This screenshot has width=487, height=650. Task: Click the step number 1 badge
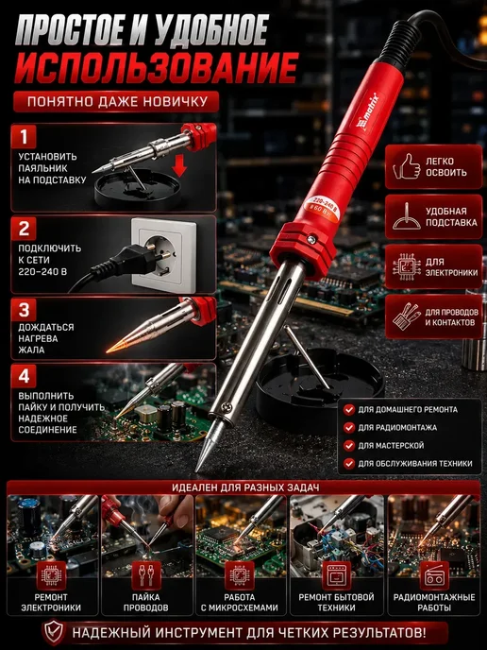pos(24,136)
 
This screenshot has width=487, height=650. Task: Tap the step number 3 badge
pos(24,310)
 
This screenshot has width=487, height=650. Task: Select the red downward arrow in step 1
pos(179,165)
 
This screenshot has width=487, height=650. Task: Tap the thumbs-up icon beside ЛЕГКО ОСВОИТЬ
pos(406,166)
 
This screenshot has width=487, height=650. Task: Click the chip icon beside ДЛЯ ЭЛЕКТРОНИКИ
pos(406,266)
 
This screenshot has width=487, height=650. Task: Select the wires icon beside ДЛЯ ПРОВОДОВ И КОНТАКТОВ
pos(406,316)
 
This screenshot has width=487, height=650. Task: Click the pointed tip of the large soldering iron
pos(197,470)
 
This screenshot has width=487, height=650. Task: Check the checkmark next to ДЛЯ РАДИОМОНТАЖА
pos(349,427)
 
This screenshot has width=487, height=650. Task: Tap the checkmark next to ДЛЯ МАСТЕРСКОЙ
pos(349,446)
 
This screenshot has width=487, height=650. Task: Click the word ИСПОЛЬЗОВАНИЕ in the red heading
pos(156,68)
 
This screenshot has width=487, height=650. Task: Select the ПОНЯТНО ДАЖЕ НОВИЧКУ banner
pos(116,102)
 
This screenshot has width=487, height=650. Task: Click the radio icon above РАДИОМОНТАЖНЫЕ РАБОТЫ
pos(433,575)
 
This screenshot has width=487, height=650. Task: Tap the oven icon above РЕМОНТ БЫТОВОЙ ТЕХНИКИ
pos(336,575)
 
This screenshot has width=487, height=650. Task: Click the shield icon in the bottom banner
pos(54,633)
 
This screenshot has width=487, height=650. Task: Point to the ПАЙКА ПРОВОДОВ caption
pos(145,603)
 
